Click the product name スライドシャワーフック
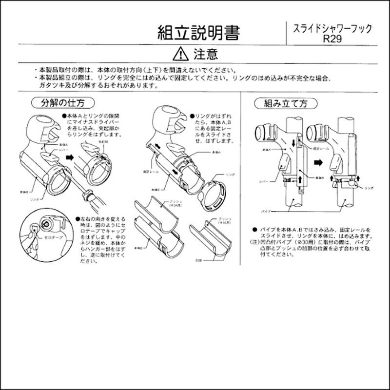coord(332,29)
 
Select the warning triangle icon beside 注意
coord(179,53)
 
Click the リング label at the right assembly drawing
coord(369,187)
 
